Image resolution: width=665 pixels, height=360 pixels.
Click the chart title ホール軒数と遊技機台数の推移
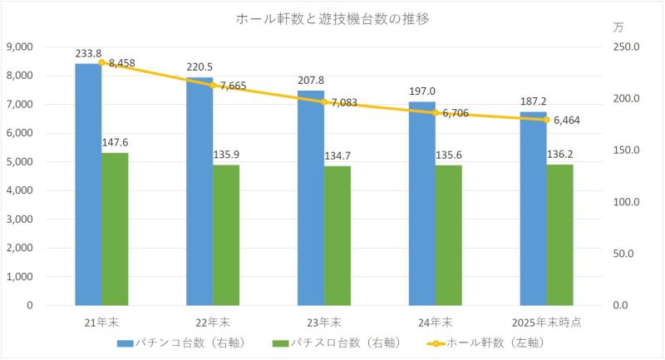pos(332,17)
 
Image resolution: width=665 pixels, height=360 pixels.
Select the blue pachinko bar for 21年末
pos(88,184)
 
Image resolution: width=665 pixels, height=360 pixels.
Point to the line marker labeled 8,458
pos(101,62)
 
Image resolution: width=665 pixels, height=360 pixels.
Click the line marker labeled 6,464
pos(547,120)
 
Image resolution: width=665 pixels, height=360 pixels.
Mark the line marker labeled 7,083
pos(324,101)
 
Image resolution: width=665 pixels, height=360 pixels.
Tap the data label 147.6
pos(115,141)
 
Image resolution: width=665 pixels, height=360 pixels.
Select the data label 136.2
pos(560,153)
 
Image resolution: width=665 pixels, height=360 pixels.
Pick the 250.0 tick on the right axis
pos(624,47)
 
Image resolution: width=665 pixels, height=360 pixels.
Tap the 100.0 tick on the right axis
pos(624,202)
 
